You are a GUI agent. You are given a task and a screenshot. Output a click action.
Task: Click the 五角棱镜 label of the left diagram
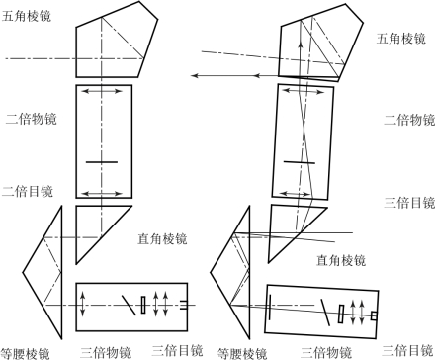click(27, 16)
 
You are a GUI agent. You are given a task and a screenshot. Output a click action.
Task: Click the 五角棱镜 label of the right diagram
click(401, 39)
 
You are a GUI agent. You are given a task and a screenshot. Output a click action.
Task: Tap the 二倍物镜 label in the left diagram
click(32, 119)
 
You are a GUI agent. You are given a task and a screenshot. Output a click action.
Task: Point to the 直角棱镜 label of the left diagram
click(162, 238)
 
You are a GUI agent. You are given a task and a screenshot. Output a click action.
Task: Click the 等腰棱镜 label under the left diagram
click(25, 353)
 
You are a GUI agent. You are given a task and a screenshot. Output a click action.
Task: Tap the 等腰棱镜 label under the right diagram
click(242, 354)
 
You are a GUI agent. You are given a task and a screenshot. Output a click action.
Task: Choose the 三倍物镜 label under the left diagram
click(106, 352)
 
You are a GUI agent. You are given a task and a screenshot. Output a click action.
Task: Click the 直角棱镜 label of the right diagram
click(341, 260)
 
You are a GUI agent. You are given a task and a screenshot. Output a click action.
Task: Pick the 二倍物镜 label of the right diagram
click(409, 120)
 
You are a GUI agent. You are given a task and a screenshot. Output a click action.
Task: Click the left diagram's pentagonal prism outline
click(76, 52)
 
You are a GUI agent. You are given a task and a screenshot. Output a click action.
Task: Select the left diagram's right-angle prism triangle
click(76, 234)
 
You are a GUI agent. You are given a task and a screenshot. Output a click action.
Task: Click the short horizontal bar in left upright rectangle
click(102, 162)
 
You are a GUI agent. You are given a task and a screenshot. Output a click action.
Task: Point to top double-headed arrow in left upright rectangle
click(102, 91)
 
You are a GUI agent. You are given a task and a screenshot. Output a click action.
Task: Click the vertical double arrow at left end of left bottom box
click(82, 304)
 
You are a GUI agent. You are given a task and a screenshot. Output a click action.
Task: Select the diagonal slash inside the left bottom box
click(129, 305)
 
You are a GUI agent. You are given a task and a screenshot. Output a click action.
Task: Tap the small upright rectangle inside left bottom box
click(143, 305)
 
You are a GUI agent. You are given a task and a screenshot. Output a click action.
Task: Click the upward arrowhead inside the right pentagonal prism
click(301, 45)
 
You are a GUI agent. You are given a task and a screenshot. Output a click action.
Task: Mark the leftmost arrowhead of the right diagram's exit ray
click(195, 76)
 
